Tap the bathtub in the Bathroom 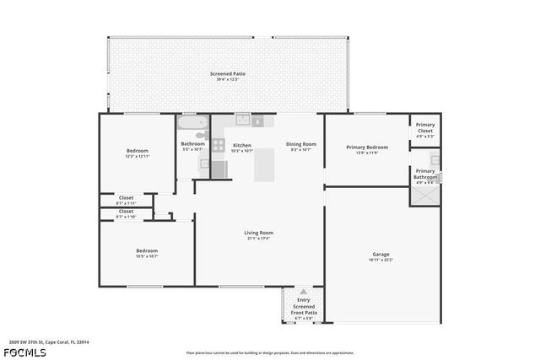[192, 126]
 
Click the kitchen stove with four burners [218, 144]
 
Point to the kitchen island [266, 164]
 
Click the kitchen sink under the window [243, 120]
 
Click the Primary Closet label [425, 128]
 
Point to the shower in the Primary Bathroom [424, 194]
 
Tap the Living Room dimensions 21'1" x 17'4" [258, 238]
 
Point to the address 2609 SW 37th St [49, 341]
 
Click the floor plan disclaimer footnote [270, 352]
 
